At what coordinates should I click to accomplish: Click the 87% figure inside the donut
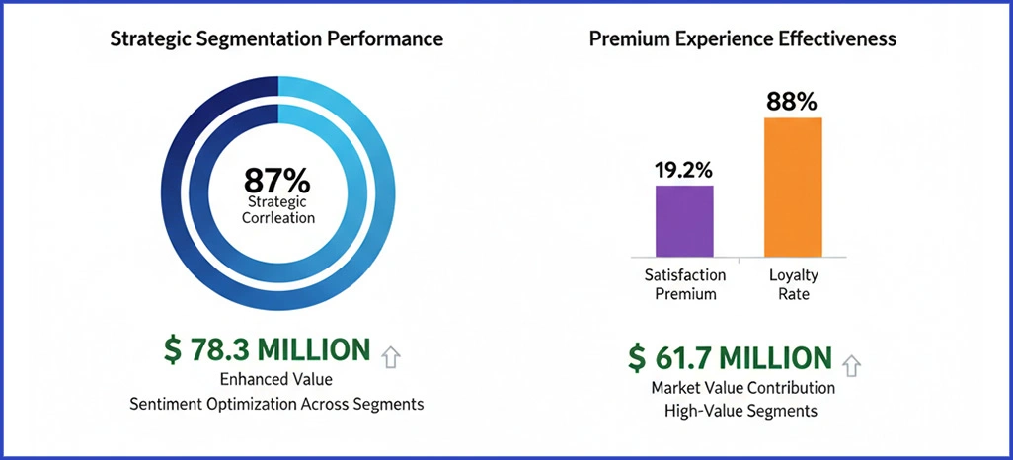point(276,182)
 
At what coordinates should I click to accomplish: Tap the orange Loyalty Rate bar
point(794,188)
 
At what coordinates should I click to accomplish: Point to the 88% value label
point(793,101)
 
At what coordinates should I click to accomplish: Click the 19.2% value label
point(683,169)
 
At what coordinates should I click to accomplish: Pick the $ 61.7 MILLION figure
point(730,357)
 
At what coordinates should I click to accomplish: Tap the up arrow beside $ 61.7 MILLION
point(851,365)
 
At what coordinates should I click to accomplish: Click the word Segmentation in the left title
point(267,40)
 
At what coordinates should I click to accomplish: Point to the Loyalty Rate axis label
point(794,285)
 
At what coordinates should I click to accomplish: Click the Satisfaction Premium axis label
point(684,285)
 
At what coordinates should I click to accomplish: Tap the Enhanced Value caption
point(276,381)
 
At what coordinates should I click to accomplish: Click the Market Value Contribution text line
point(742,388)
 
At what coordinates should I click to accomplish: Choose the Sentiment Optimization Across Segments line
point(276,404)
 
